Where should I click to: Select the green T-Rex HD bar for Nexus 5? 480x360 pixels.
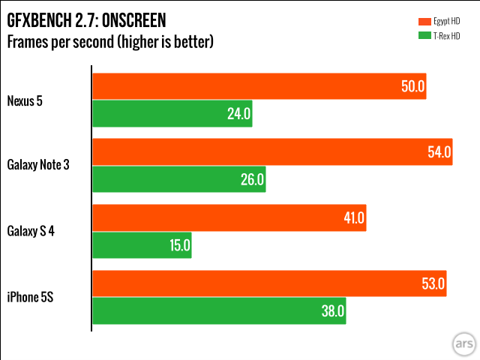click(172, 114)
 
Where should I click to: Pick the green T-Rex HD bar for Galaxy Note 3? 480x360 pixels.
click(178, 180)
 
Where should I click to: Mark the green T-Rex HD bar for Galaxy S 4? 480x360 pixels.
click(142, 245)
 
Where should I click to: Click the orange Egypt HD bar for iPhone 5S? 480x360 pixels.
click(269, 283)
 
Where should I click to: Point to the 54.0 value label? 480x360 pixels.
click(439, 152)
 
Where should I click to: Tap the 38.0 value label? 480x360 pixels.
click(333, 310)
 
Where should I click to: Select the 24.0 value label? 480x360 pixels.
click(239, 114)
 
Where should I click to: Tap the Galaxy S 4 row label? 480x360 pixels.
click(31, 231)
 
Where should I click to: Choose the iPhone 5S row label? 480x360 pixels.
click(29, 298)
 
